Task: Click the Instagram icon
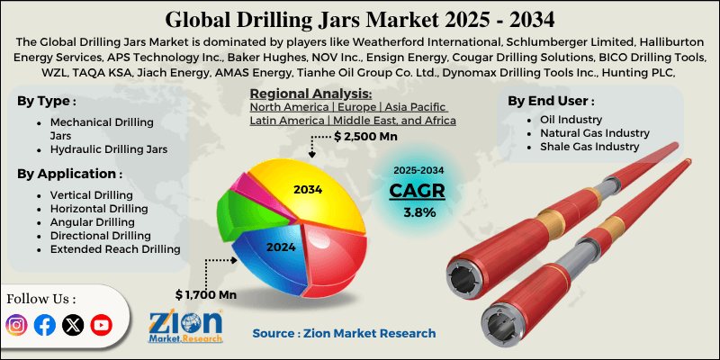click(x=17, y=325)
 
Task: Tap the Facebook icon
click(x=45, y=325)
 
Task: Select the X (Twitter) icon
click(x=73, y=325)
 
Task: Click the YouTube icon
click(x=101, y=325)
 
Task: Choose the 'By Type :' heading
click(x=48, y=101)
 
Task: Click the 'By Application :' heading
click(x=70, y=174)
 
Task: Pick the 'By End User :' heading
click(x=551, y=101)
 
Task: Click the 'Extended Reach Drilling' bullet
click(x=115, y=248)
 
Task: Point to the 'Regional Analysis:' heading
click(x=310, y=94)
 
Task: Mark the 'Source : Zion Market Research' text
click(x=344, y=333)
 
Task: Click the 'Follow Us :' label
click(x=41, y=298)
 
